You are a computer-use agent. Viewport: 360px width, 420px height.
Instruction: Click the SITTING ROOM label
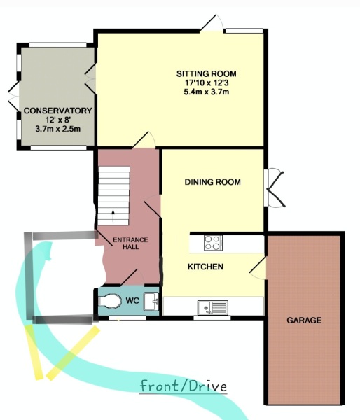coord(207,73)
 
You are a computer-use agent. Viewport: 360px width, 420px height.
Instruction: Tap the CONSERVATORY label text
coord(58,111)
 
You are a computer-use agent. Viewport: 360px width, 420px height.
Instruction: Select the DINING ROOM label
coord(213,182)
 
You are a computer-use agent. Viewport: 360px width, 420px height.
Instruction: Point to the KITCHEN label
coord(205,267)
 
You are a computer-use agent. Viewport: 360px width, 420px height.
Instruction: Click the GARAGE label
coord(304,321)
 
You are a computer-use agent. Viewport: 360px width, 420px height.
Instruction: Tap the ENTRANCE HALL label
coord(130,243)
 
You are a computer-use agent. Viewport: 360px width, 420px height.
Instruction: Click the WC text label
coord(132,300)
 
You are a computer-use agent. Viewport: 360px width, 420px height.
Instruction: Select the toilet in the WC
coord(110,301)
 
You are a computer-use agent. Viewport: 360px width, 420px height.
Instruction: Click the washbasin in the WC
coord(151,302)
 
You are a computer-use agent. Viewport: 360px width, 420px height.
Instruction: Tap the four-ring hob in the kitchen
coord(213,243)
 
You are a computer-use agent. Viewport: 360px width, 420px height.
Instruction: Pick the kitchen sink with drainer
coord(213,308)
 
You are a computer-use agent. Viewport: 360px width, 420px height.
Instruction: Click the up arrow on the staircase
coord(113,216)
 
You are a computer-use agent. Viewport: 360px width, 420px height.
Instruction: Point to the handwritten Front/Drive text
coord(184,386)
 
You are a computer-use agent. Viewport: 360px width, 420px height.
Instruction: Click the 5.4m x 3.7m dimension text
coord(206,92)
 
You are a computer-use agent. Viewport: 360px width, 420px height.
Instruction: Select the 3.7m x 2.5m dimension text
coord(58,129)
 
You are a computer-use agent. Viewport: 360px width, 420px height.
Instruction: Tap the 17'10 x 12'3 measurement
coord(207,83)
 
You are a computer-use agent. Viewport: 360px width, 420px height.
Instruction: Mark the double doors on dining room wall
coord(274,188)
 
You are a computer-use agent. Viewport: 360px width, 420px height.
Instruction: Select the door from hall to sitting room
coord(144,139)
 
